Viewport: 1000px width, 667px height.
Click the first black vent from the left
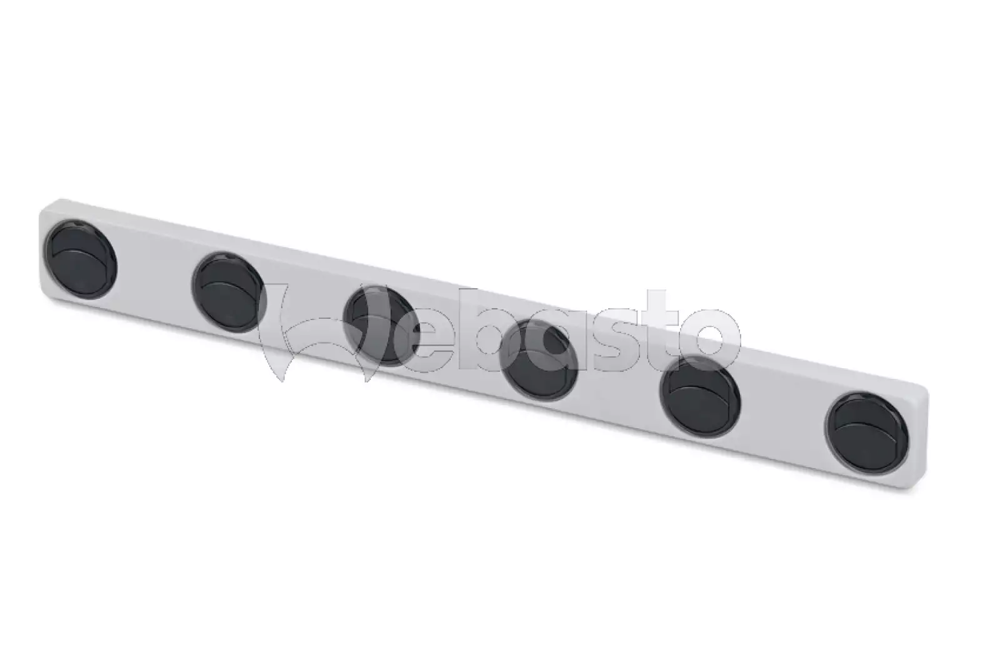(81, 259)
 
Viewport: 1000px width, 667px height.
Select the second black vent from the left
(229, 292)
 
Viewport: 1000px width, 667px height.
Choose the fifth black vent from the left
(700, 396)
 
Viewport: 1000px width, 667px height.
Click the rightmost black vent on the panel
(866, 433)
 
